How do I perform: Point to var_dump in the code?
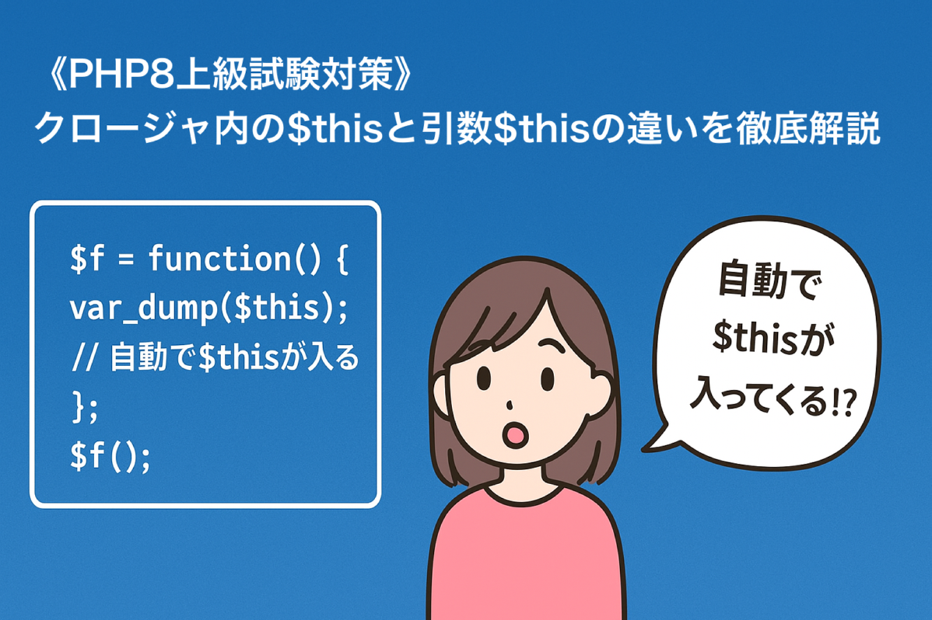144,308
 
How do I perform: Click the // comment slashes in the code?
84,357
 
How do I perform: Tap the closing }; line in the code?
84,407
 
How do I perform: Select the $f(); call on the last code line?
110,456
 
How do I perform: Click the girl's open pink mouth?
515,435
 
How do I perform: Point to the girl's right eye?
548,378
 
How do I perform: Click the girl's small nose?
510,405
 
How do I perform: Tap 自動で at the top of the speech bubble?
769,280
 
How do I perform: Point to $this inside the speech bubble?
755,336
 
